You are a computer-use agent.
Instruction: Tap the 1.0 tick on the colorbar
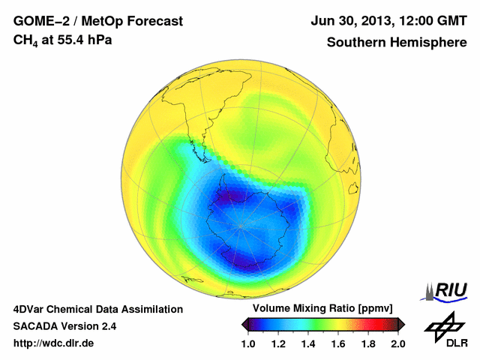point(250,343)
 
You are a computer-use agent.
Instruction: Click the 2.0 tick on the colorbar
point(397,343)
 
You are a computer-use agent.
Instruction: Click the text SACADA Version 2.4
point(65,326)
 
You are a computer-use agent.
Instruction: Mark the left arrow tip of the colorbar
point(243,324)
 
